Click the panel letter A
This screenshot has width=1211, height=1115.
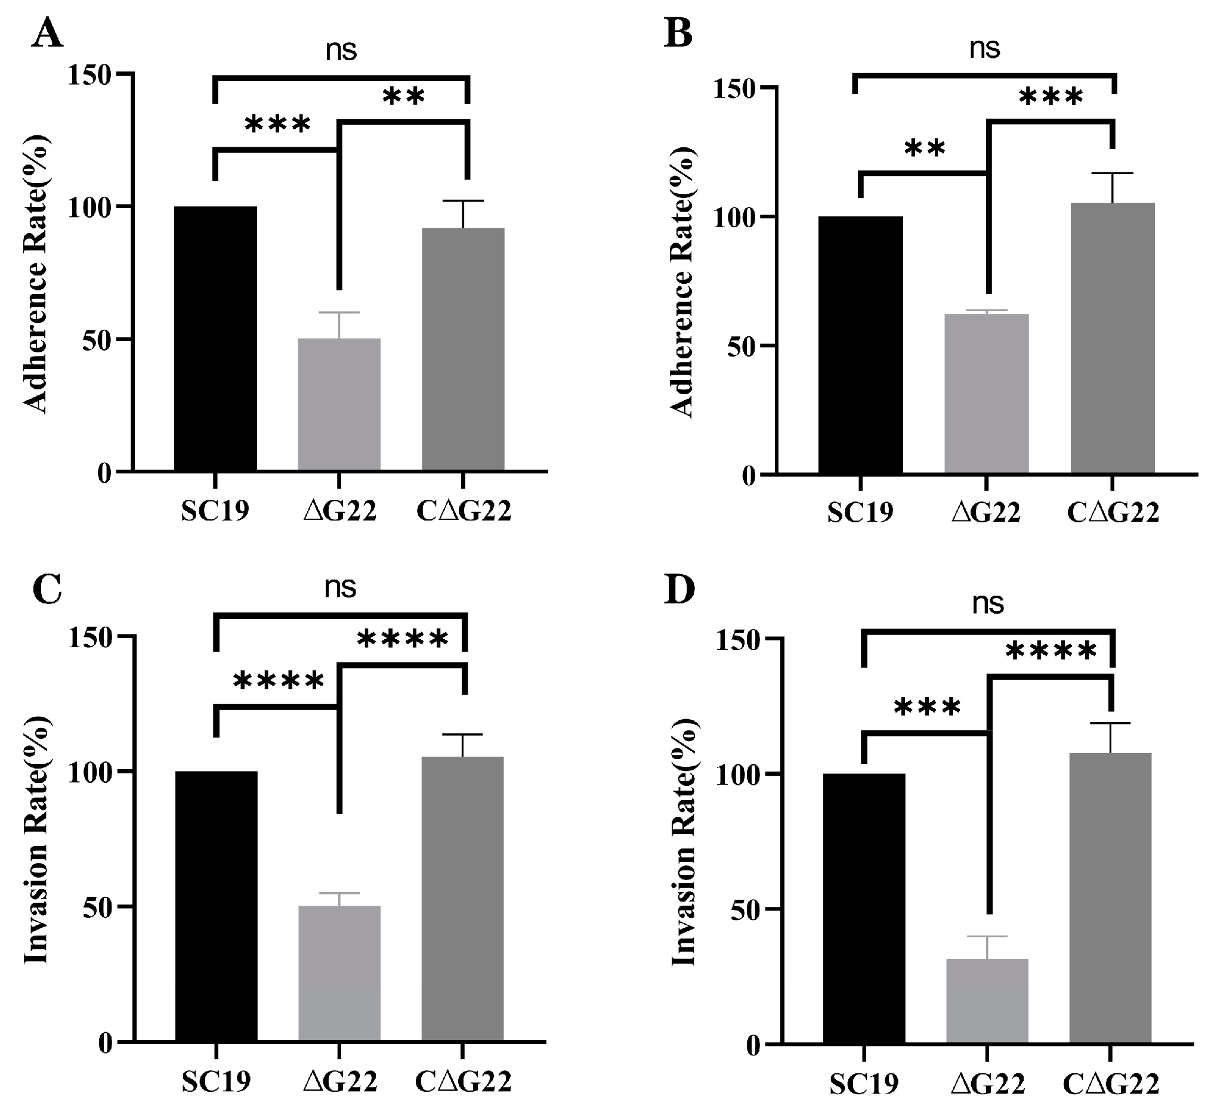click(x=47, y=35)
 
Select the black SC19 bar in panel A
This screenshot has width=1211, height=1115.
click(x=215, y=338)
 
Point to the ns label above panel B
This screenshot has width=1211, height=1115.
click(x=985, y=48)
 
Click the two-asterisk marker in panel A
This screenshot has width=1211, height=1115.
click(x=404, y=97)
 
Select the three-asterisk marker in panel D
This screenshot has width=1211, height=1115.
click(x=926, y=708)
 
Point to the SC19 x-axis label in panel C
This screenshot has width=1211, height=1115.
click(x=215, y=1082)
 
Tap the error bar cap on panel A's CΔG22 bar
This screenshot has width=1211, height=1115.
click(x=463, y=201)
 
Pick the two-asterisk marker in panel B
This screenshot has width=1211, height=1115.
click(x=924, y=148)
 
